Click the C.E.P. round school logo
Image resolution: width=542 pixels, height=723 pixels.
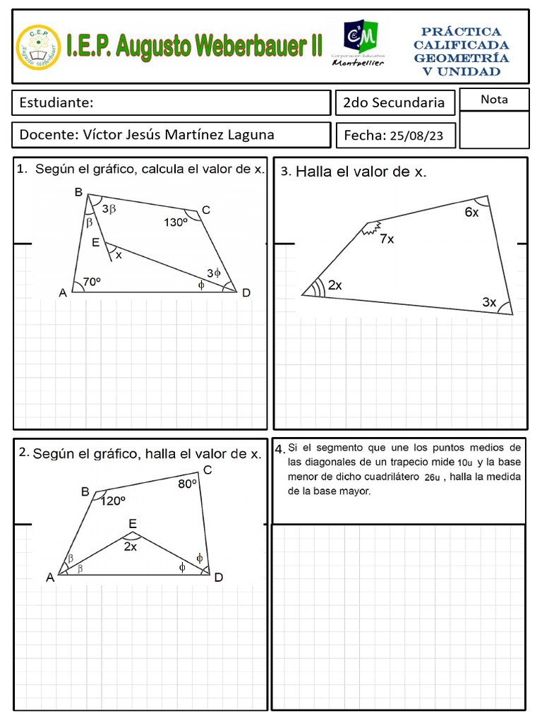point(39,47)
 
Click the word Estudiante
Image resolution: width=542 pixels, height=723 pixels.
point(56,103)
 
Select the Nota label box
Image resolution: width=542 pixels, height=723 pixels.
point(494,100)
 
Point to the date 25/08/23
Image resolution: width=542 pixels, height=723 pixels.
point(417,136)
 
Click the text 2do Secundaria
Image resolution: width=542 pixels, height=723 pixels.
point(393,103)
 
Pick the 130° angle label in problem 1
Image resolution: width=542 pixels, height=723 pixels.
point(176,222)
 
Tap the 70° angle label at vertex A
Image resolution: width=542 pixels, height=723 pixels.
point(92,282)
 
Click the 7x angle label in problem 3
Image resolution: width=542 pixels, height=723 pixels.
point(387,239)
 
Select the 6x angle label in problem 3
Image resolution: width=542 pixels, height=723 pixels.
point(471,213)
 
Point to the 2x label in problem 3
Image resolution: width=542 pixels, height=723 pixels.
point(335,285)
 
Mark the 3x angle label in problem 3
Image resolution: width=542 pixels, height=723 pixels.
point(489,302)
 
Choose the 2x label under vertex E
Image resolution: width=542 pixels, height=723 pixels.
point(131,546)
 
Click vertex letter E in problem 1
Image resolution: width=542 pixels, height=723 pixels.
point(95,242)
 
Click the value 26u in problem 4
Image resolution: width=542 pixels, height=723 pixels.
point(432,478)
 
